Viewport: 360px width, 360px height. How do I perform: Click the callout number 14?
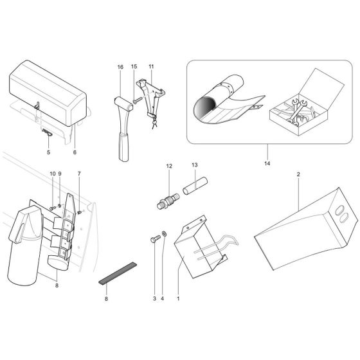pos(267,163)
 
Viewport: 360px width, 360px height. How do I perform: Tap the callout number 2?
pos(298,174)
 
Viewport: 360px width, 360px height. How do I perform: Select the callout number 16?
pos(120,67)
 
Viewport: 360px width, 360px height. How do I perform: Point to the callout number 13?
pos(194,165)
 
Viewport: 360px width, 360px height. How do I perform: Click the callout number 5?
pos(48,152)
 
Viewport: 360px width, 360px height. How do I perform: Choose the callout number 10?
pos(53,174)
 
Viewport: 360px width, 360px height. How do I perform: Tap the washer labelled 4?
pos(165,234)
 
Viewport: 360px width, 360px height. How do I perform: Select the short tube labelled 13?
pos(195,186)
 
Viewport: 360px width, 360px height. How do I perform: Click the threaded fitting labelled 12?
pos(168,199)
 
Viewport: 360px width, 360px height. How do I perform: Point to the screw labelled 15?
pos(137,100)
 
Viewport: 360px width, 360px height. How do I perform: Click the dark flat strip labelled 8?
pos(118,273)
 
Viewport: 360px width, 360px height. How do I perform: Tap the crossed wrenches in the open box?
pos(295,112)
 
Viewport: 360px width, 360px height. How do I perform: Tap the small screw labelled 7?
pos(80,212)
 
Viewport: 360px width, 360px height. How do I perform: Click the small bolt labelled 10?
pos(53,208)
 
